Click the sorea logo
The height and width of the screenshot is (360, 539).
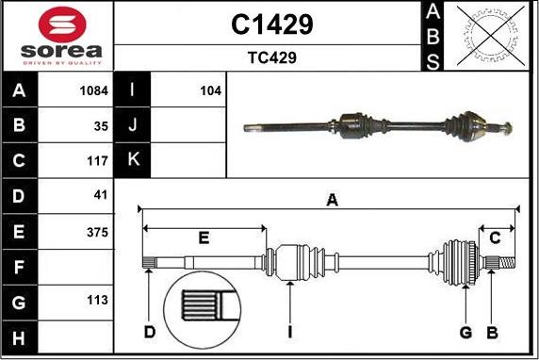tap(58, 35)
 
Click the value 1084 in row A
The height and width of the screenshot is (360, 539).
tap(95, 91)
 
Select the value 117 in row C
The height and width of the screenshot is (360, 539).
tap(98, 160)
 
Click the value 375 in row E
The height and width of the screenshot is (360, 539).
tap(98, 231)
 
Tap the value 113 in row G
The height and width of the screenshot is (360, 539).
tap(98, 302)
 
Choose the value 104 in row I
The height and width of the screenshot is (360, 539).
tap(210, 91)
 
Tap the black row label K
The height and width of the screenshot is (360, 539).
tap(133, 160)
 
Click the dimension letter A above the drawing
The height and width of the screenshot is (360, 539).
tap(331, 199)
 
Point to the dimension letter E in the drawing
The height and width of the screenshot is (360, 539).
tap(204, 237)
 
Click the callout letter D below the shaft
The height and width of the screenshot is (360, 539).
tap(150, 331)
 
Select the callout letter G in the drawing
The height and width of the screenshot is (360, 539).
tap(465, 331)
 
